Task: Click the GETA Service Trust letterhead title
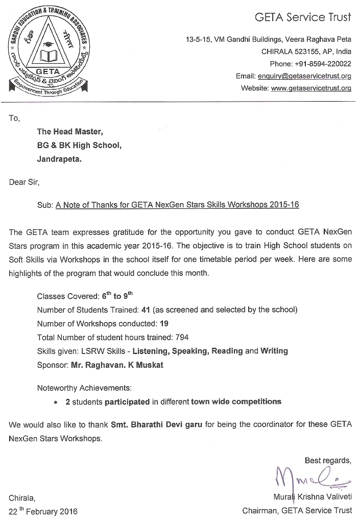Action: [303, 18]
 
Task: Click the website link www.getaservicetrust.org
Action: [311, 88]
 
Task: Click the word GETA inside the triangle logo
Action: [49, 71]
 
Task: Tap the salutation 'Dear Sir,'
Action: [24, 182]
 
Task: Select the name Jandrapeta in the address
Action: [59, 158]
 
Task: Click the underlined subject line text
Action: [177, 205]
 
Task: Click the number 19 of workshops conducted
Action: [164, 323]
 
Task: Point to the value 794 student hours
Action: [181, 337]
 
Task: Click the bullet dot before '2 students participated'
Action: [56, 402]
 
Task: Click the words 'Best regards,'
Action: [328, 460]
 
